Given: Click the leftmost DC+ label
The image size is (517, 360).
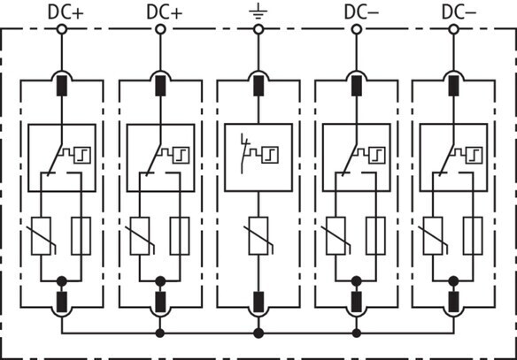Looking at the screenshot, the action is coord(66,12).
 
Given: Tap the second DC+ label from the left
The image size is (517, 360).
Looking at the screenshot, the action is coord(164,12).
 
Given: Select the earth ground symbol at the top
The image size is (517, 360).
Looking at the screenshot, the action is coord(258,11).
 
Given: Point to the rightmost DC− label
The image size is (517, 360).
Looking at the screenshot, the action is coord(459,12).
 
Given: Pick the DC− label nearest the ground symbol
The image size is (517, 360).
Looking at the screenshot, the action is coord(361,12).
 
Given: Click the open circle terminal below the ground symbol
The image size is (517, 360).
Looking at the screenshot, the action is coord(258,29).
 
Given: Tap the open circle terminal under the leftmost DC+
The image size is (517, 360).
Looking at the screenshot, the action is coord(62,29).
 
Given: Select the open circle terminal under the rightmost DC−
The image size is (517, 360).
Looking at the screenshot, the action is coord(453,29).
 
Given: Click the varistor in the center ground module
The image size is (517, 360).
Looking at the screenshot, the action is coord(258,236).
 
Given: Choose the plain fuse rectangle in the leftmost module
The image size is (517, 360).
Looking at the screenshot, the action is coord(81,236).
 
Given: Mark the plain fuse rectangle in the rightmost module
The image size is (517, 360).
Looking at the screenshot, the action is coord(473,236).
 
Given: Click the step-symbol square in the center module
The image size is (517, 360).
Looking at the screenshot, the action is coord(270,155).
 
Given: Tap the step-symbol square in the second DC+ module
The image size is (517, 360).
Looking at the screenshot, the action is coord(181,155).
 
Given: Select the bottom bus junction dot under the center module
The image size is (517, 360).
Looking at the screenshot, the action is coord(258,333).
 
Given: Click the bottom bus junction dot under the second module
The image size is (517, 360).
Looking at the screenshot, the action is coord(160,333).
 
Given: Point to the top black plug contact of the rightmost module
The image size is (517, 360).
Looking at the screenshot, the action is coord(453,86).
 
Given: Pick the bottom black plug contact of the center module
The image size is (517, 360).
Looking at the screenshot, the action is coord(258,302).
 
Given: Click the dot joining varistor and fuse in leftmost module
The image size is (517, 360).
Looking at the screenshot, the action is coord(62,281).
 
